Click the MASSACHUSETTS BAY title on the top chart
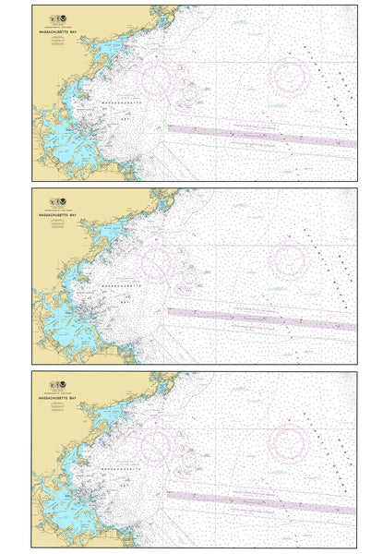pyautogui.click(x=61, y=30)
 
